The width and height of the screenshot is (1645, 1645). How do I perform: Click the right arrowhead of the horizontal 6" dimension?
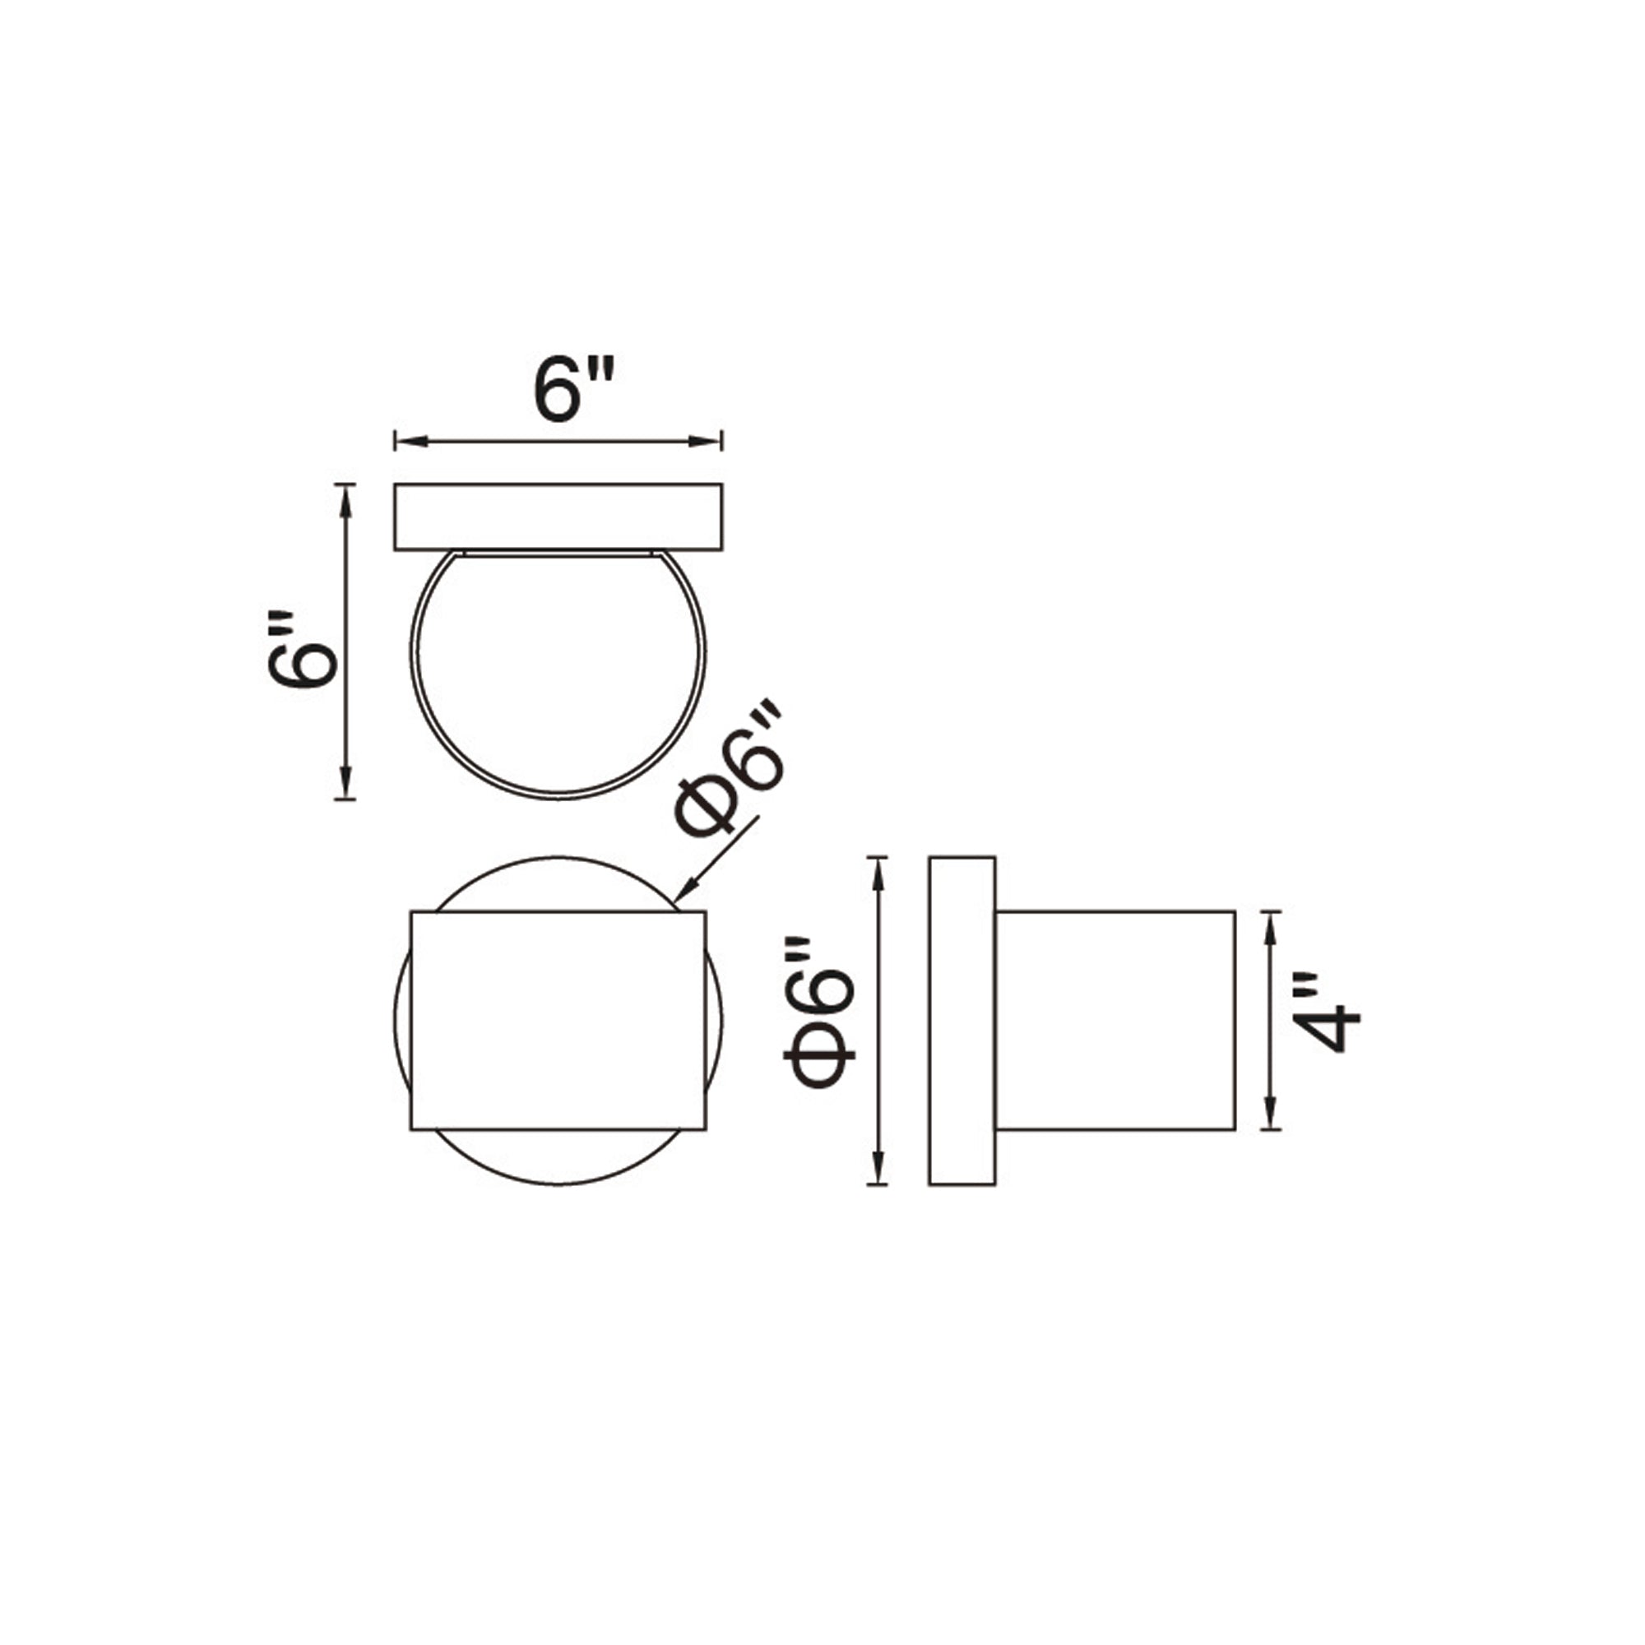pos(708,441)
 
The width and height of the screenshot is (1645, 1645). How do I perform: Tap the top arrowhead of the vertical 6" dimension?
pos(345,498)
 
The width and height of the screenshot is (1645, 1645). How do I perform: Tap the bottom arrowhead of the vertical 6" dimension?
pos(345,784)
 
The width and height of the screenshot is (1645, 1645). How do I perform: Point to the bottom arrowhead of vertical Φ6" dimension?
pos(878,1170)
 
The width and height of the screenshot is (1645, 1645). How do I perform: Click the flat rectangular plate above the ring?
pos(558,517)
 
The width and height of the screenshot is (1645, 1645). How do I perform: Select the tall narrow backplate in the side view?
pos(962,1020)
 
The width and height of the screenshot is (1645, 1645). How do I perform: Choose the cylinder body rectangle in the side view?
pos(1115,1020)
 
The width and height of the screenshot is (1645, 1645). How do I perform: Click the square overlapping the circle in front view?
pos(558,1020)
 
